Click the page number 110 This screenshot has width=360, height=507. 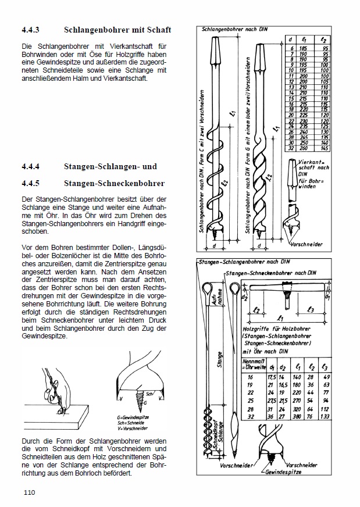(30, 492)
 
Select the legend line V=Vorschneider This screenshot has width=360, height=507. (135, 429)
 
